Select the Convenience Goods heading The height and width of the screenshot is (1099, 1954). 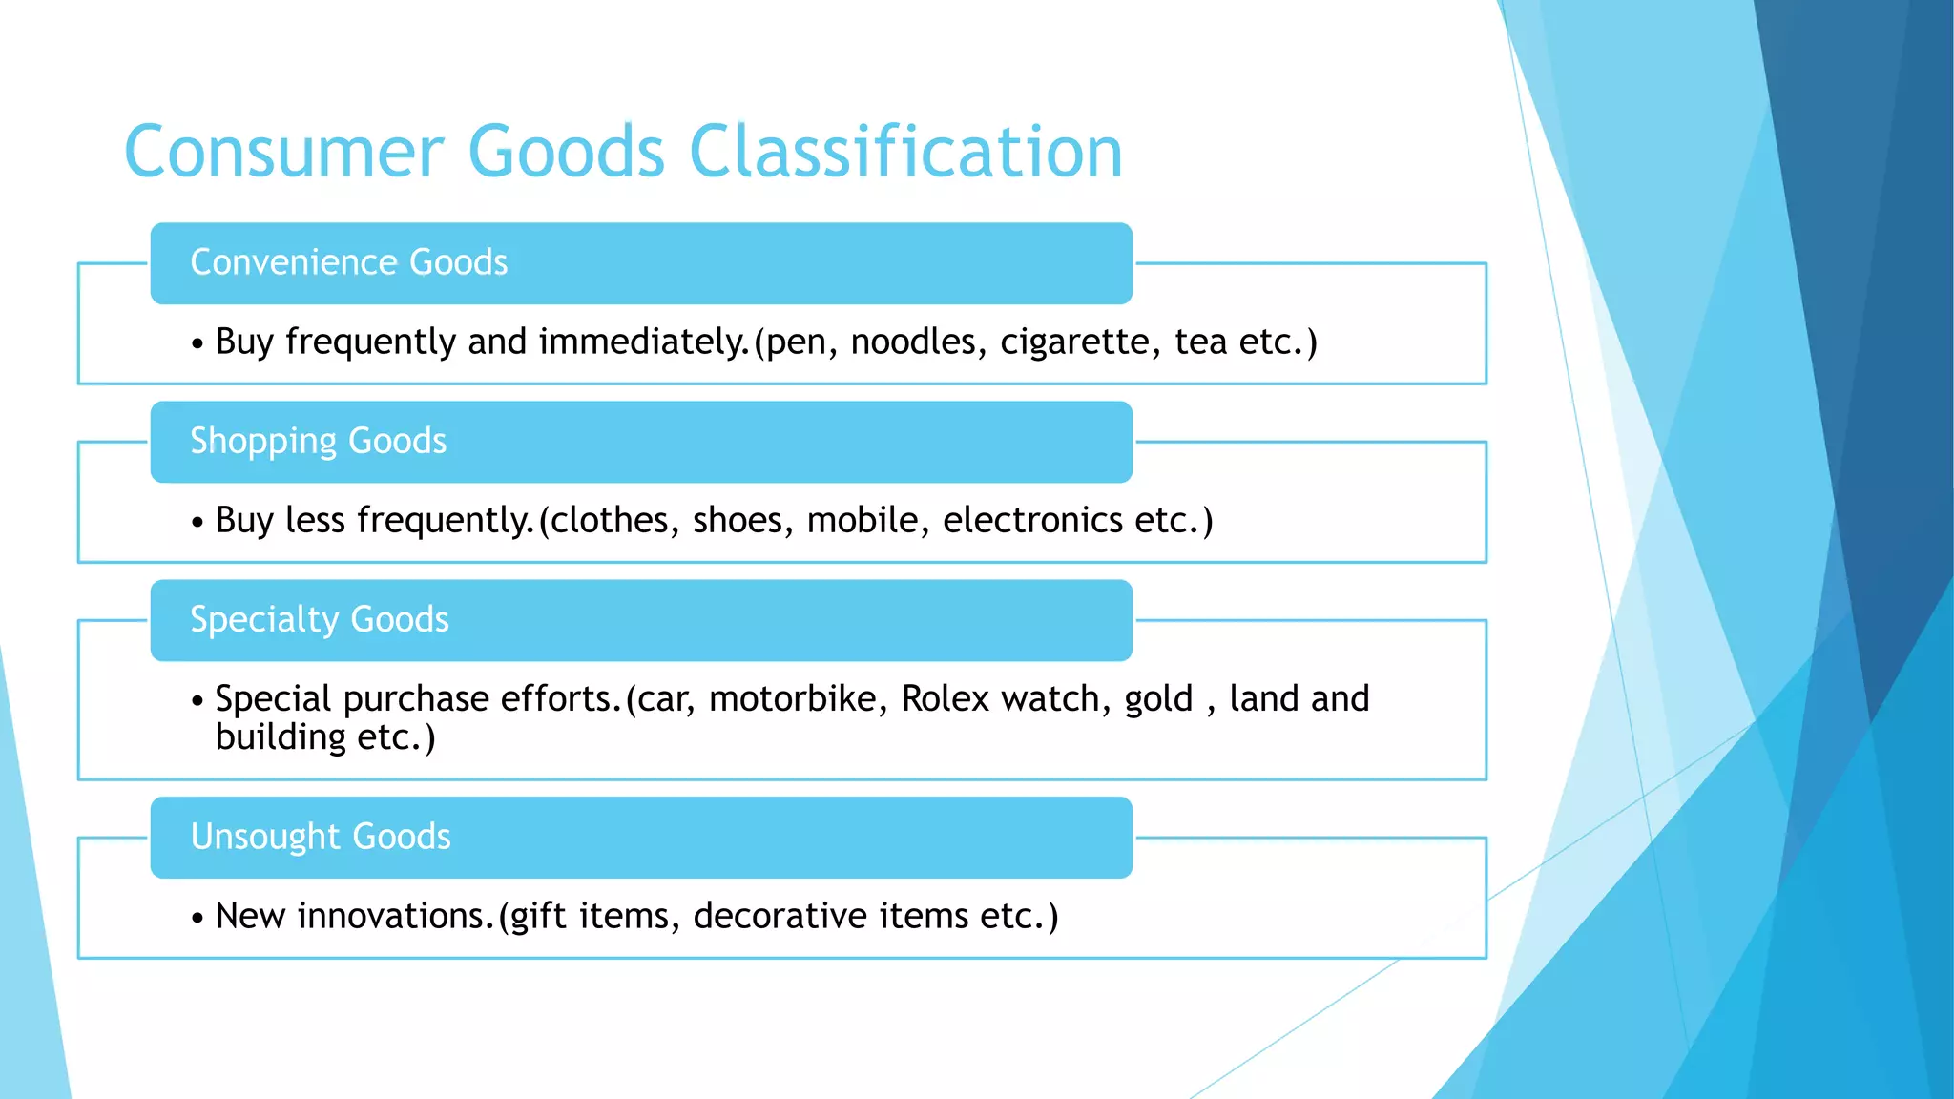(x=348, y=262)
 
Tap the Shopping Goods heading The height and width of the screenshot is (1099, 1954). (x=318, y=441)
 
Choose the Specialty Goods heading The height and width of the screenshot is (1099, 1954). (x=319, y=619)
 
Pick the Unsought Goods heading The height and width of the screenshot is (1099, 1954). (x=320, y=837)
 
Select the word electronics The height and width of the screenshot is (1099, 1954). (x=1032, y=520)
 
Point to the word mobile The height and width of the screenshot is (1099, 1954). (x=867, y=520)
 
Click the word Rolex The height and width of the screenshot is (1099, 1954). (x=945, y=698)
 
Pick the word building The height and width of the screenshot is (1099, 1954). (x=281, y=737)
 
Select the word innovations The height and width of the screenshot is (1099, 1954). (x=395, y=916)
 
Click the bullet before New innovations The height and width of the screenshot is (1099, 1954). (x=197, y=919)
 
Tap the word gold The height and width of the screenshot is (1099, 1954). (x=1158, y=699)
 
